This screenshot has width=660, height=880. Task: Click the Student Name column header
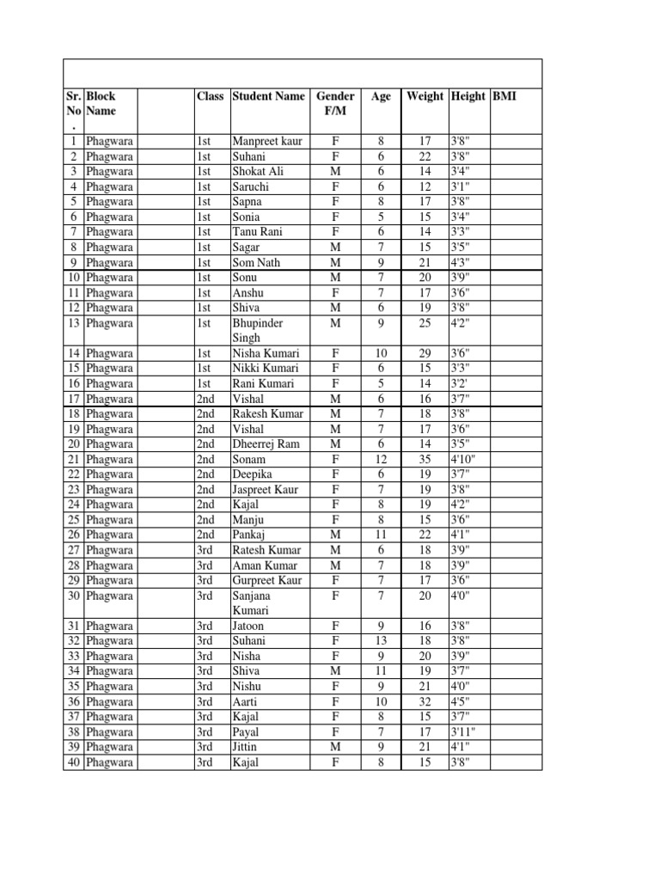pos(268,96)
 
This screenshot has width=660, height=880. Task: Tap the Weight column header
pos(425,96)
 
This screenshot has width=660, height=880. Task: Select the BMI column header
pos(504,96)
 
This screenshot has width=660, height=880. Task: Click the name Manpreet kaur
pos(267,141)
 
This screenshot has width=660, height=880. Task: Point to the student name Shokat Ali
pos(258,171)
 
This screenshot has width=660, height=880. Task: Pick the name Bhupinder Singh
pos(258,331)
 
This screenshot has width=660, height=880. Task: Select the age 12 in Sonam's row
pos(381,459)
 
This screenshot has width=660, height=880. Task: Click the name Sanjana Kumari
pos(252,602)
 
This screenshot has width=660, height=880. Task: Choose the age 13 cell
pos(381,640)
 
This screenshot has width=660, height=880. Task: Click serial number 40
pos(73,762)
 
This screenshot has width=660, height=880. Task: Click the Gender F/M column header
pos(336,104)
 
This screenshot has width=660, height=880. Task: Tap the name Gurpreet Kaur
pos(266,580)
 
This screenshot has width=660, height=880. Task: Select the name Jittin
pos(247,747)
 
